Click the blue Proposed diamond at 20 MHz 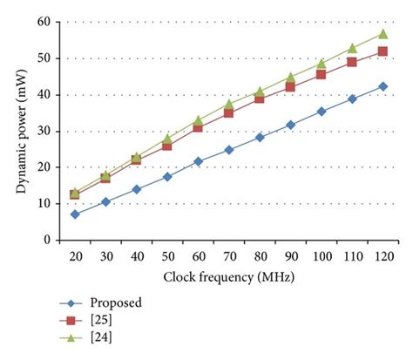[x=75, y=214]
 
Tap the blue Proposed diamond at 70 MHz [x=229, y=150]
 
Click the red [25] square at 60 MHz [x=198, y=127]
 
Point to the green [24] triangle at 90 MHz [x=290, y=77]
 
